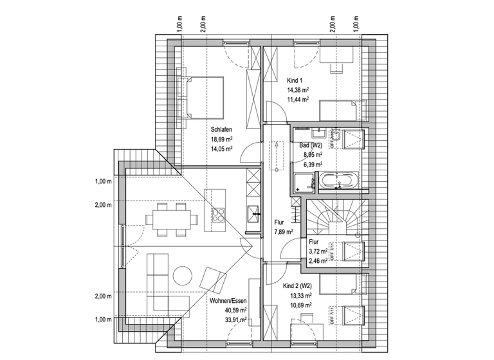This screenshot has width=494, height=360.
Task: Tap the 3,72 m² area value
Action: (x=318, y=253)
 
